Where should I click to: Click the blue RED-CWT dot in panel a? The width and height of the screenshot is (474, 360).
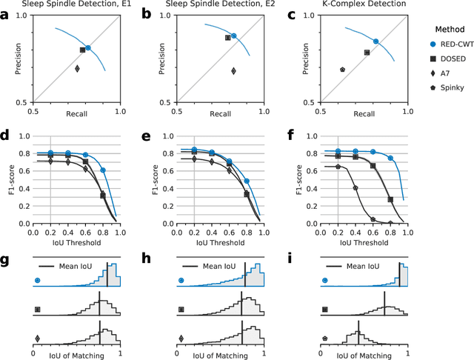coord(88,47)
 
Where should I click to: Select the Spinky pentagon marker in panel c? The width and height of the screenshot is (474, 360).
coord(342,69)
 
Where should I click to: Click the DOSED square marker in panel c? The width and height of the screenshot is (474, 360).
coord(367,53)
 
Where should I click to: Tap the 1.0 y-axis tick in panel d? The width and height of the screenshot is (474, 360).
coord(24,136)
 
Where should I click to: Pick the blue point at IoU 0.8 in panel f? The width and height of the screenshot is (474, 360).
coord(390,158)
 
